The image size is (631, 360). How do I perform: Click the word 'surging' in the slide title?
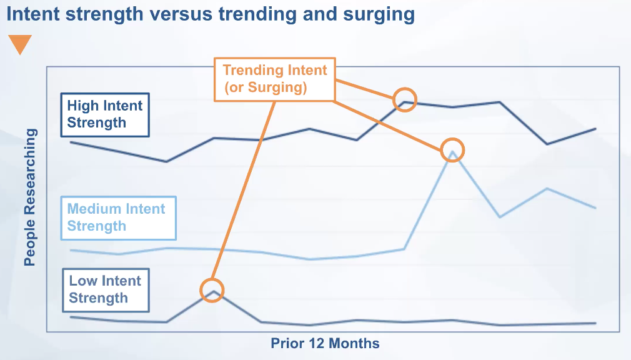click(x=379, y=14)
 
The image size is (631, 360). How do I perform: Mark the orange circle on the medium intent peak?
click(x=453, y=139)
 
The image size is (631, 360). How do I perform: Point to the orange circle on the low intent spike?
click(x=212, y=279)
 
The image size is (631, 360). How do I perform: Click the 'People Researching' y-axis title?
click(x=30, y=197)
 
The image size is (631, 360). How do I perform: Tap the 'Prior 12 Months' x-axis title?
click(x=325, y=344)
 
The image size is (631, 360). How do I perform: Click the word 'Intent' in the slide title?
click(x=32, y=14)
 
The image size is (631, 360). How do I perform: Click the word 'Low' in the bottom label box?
click(x=82, y=281)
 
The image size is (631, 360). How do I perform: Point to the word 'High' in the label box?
click(x=83, y=106)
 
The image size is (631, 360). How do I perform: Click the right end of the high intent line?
click(x=595, y=129)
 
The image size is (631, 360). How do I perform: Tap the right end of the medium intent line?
click(x=595, y=208)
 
